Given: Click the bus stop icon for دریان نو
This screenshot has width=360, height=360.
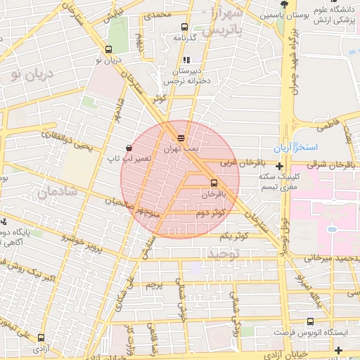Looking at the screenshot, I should (108, 50).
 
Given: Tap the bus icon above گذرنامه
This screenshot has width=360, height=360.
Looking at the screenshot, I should (184, 27).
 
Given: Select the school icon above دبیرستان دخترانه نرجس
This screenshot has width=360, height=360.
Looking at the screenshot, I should (186, 60).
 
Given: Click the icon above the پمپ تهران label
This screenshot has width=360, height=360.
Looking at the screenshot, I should (181, 138).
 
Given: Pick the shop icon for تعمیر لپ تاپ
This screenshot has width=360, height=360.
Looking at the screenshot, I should (129, 148).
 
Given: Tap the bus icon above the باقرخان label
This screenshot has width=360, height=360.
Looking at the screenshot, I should (214, 181).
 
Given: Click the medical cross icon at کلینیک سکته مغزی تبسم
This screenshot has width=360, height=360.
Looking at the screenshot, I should (281, 167).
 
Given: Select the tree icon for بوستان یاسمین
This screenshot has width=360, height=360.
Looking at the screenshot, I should (283, 4).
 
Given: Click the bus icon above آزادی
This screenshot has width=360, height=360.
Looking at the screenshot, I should (41, 338).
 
